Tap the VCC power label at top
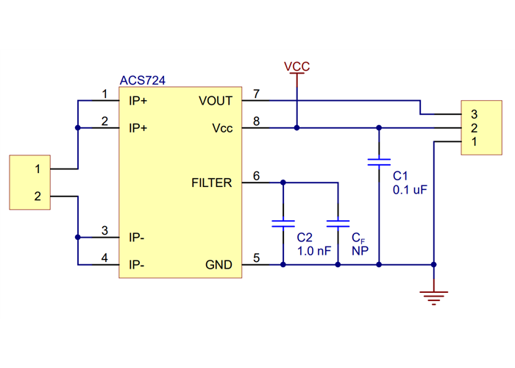(x=297, y=67)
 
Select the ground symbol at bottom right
(x=434, y=297)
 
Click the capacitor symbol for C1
(x=380, y=162)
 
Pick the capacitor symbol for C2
(x=283, y=222)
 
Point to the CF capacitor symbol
(x=338, y=222)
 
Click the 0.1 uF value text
(x=410, y=189)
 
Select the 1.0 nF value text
(x=314, y=251)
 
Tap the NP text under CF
(x=360, y=251)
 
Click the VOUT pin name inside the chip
(x=216, y=101)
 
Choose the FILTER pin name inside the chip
(x=212, y=183)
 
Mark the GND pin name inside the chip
(x=219, y=264)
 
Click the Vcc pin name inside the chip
(x=222, y=128)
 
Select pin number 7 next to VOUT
(x=256, y=94)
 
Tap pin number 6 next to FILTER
(x=256, y=176)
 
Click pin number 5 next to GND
(x=256, y=258)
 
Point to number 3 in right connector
(x=475, y=114)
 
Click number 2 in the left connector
(x=38, y=197)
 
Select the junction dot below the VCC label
(x=297, y=128)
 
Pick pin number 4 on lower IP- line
(x=104, y=258)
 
